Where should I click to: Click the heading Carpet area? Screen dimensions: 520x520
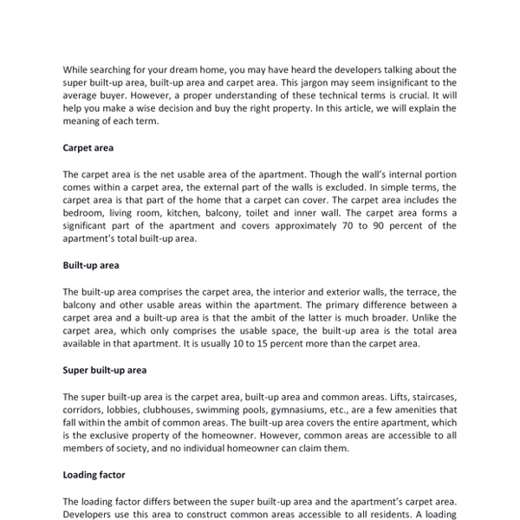point(88,148)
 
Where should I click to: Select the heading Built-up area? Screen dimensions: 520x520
point(90,265)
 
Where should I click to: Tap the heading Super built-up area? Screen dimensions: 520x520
point(104,370)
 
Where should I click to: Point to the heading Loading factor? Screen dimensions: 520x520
point(94,475)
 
